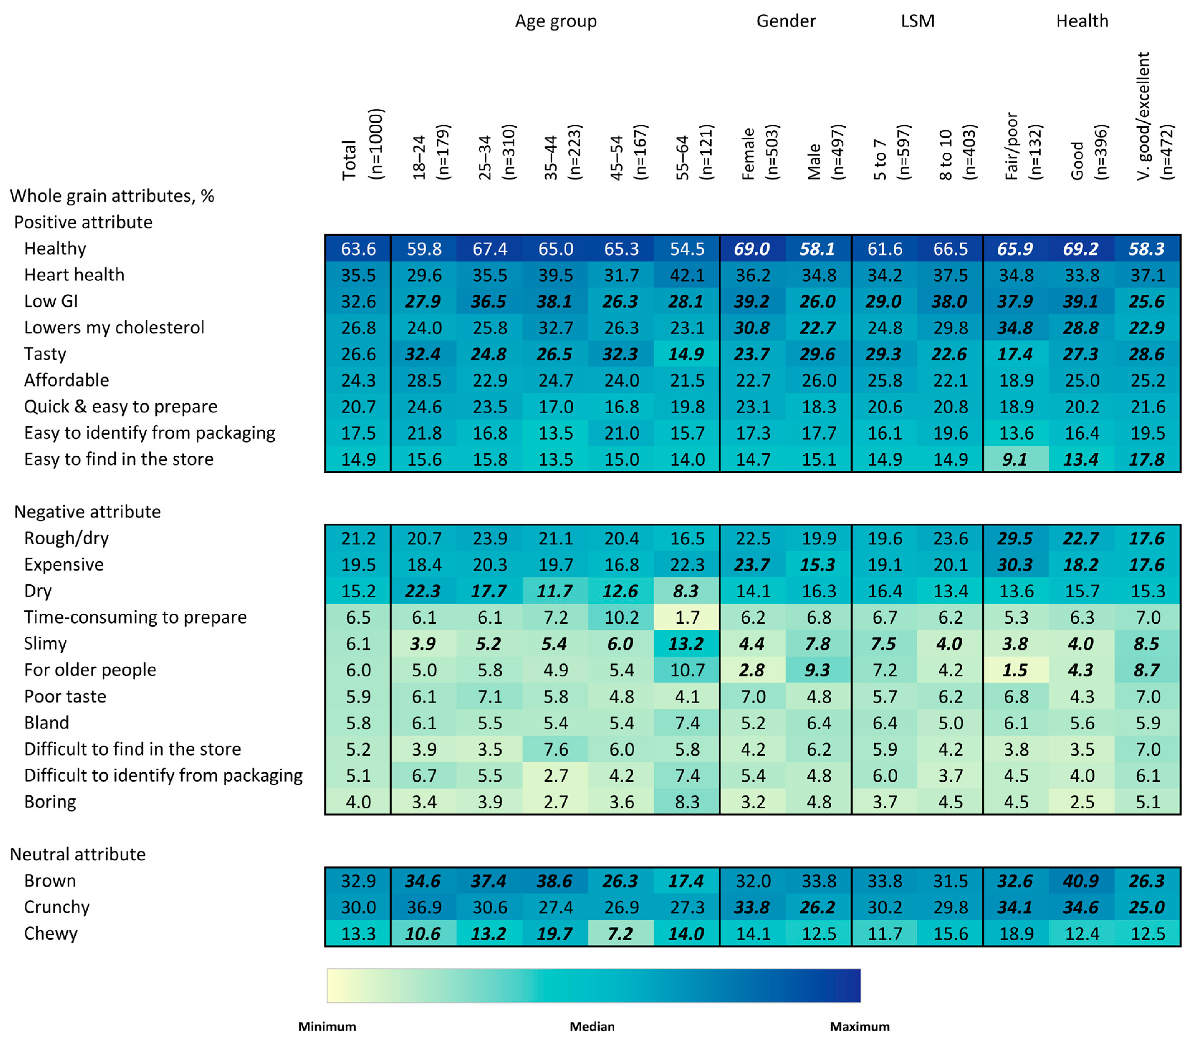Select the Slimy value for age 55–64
(x=686, y=644)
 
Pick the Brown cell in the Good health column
(x=1081, y=881)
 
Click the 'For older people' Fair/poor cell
(x=1015, y=670)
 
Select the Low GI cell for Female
(x=752, y=301)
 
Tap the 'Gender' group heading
(x=786, y=21)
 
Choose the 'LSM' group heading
(x=917, y=21)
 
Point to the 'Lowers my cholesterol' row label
(x=114, y=327)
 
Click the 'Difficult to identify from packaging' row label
(x=163, y=775)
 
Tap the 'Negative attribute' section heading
(x=87, y=512)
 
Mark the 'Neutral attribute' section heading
(x=78, y=855)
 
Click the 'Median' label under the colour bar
(x=592, y=1026)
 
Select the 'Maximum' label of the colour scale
(x=859, y=1026)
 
